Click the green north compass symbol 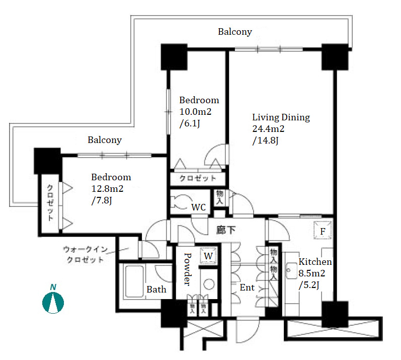(53, 301)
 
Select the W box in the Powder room (208, 255)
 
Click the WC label (197, 207)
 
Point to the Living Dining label (281, 117)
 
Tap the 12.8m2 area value (107, 189)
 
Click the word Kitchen (315, 262)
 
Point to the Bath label (156, 289)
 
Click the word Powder (187, 269)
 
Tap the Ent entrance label (247, 288)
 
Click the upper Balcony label (235, 32)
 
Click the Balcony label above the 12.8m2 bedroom (105, 140)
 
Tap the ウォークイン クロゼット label (84, 255)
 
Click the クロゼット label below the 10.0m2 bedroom (198, 178)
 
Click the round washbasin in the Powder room (208, 284)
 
